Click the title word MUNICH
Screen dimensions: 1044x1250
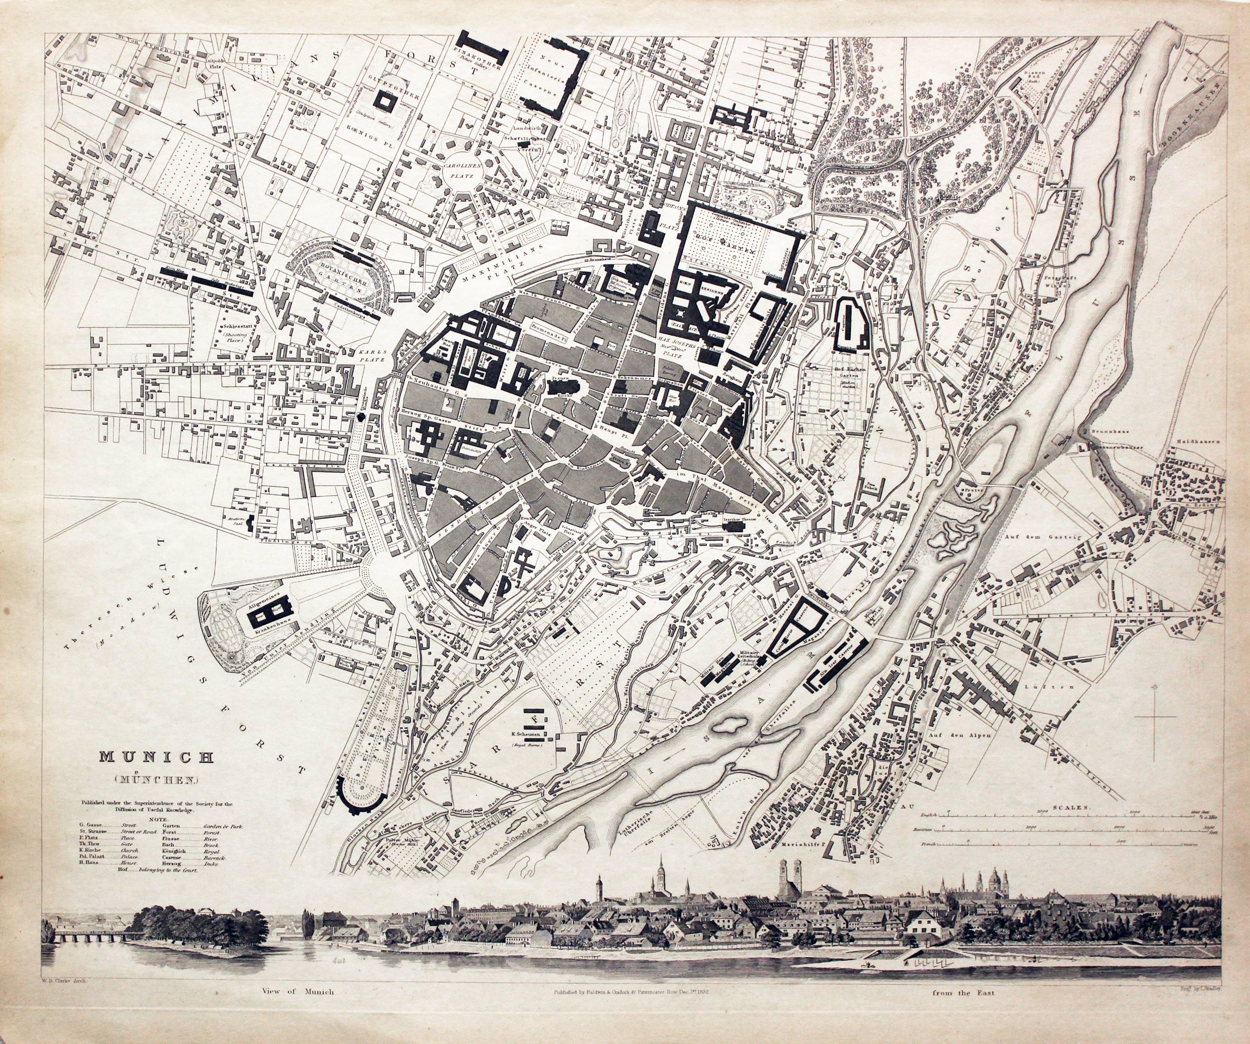156,757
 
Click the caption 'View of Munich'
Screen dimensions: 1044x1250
297,992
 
